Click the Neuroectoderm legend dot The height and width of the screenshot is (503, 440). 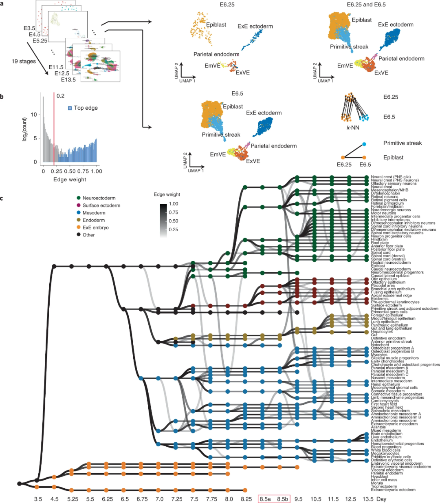tap(78, 198)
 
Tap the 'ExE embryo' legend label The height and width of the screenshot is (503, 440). tap(95, 227)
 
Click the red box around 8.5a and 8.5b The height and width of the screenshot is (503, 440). tap(274, 499)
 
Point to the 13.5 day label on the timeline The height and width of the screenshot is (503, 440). tap(368, 499)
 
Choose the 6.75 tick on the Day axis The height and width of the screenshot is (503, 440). tap(142, 499)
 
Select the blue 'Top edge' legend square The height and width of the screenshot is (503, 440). tap(70, 108)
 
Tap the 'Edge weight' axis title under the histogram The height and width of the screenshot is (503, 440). tap(70, 179)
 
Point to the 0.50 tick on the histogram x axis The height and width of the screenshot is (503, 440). tap(70, 171)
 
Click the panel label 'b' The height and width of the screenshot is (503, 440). tap(2, 97)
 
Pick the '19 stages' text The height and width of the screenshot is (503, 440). tap(24, 61)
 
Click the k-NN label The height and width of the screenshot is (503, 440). tap(353, 128)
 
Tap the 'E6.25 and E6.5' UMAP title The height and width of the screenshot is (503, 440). tap(366, 4)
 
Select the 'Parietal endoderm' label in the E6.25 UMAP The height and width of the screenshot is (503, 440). tap(216, 54)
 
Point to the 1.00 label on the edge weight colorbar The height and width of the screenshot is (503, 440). tap(173, 204)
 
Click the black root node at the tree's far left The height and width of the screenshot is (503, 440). tap(20, 483)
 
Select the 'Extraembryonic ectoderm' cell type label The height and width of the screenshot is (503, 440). tap(393, 490)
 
